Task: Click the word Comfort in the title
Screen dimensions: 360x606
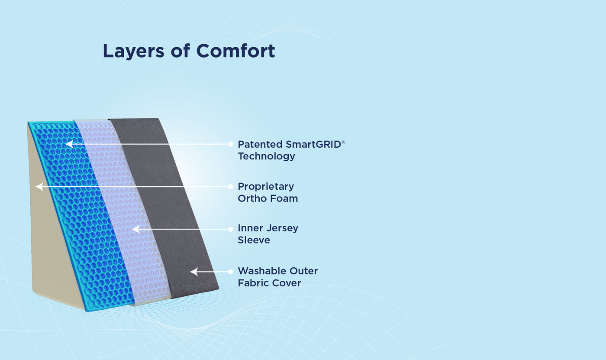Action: click(235, 51)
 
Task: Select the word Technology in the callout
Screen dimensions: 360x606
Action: click(266, 156)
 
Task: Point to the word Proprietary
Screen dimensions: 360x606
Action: click(266, 187)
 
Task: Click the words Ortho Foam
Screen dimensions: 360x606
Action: click(268, 198)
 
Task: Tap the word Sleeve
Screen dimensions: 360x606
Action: click(254, 240)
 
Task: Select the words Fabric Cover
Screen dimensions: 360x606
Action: click(269, 283)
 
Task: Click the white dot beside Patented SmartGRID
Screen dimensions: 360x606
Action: click(231, 144)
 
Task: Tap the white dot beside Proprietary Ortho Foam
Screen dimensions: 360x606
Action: click(231, 187)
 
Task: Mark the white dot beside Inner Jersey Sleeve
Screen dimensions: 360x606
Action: click(231, 229)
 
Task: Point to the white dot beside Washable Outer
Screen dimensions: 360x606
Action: click(231, 272)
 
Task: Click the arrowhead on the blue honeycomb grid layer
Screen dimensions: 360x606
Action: click(68, 144)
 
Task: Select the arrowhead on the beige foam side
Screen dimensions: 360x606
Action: click(39, 187)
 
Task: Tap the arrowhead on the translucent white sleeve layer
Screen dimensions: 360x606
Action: click(135, 229)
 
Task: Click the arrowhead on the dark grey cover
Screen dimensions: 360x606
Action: click(193, 272)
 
